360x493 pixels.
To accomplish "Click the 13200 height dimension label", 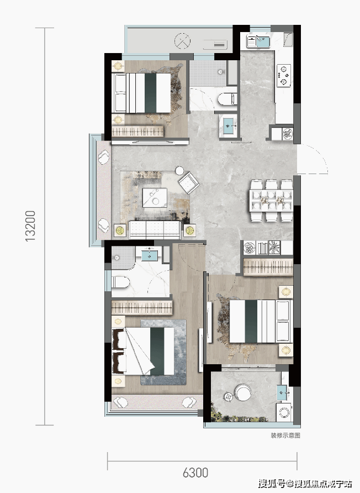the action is click(30, 226).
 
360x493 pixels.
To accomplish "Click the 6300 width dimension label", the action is click(195, 473).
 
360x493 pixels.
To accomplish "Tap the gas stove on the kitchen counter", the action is click(284, 76).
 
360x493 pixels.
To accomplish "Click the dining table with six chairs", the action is click(272, 200).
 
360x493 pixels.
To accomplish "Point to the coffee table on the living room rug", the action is click(155, 197).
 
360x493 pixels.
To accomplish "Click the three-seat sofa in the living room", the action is click(155, 229).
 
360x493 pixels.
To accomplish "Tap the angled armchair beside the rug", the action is click(189, 183).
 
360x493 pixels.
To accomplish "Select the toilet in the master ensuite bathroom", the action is click(120, 282).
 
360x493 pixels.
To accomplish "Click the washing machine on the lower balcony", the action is click(284, 412).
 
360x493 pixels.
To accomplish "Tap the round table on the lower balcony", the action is click(243, 392).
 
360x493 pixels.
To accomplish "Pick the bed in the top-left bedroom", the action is click(142, 93).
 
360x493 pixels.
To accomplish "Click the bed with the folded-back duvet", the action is click(143, 351).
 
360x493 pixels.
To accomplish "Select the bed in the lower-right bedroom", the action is click(260, 321).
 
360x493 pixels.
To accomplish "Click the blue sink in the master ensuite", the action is click(149, 254).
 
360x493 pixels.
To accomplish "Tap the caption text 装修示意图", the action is click(285, 436).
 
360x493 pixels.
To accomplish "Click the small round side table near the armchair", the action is click(179, 170).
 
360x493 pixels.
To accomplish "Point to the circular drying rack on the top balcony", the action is click(182, 41).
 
